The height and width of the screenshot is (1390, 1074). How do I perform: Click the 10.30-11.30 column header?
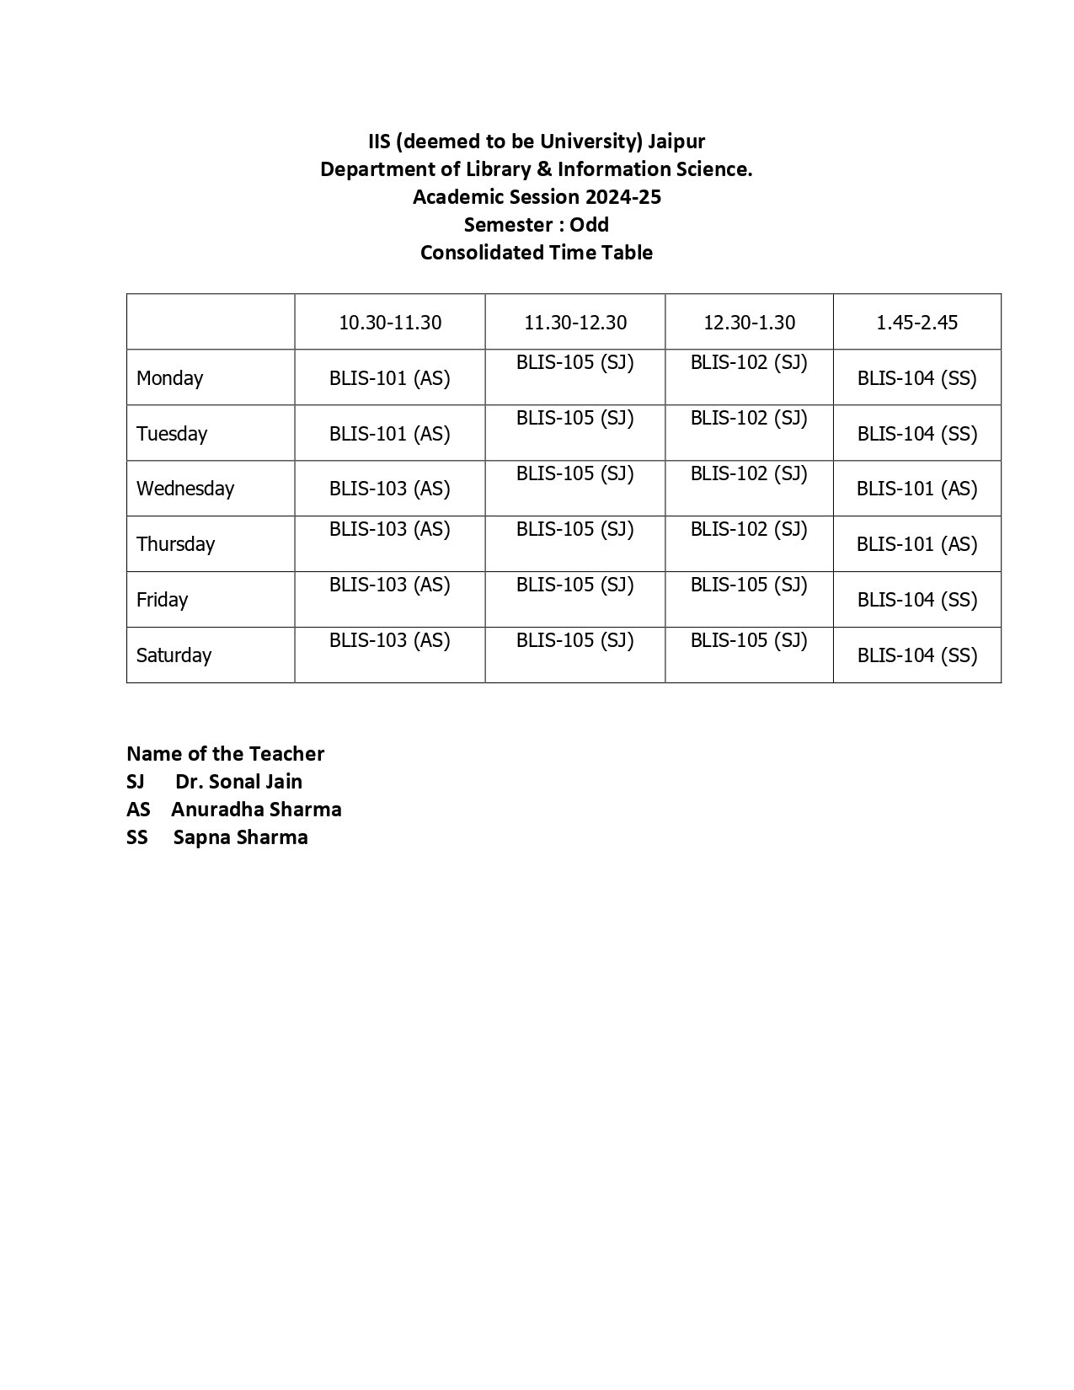coord(390,323)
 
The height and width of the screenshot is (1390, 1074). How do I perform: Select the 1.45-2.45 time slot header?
coord(916,323)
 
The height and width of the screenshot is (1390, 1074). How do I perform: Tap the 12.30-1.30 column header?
coord(749,323)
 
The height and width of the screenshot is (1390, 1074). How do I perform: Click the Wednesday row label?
coord(185,489)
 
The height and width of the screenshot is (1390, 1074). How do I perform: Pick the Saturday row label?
coord(174,655)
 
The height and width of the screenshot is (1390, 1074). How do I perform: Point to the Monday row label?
coord(169,378)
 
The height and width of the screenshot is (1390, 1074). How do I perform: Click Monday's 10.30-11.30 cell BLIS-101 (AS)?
coord(389,378)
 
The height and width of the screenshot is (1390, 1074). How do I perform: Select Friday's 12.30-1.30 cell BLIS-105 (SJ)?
coord(749,585)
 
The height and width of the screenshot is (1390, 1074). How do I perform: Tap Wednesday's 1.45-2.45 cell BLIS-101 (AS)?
coord(916,489)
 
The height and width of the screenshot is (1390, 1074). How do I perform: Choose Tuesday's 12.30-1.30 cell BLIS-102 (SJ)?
coord(749,419)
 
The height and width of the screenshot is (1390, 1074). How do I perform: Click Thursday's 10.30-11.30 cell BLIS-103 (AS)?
coord(389,530)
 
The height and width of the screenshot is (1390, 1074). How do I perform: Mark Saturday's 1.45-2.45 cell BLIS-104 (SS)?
coord(916,655)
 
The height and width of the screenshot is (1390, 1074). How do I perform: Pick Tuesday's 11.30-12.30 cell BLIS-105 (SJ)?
coord(574,419)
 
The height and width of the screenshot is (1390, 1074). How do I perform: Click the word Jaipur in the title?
coord(676,141)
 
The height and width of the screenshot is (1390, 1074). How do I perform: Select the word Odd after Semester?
coord(589,225)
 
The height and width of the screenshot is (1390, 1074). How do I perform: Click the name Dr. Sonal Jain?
coord(238,782)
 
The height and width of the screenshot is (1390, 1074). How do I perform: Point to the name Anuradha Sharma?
coord(256,810)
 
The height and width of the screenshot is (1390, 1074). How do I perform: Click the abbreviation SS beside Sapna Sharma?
coord(136,837)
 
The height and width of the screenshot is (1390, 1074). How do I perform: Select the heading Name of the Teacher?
coord(225,754)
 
